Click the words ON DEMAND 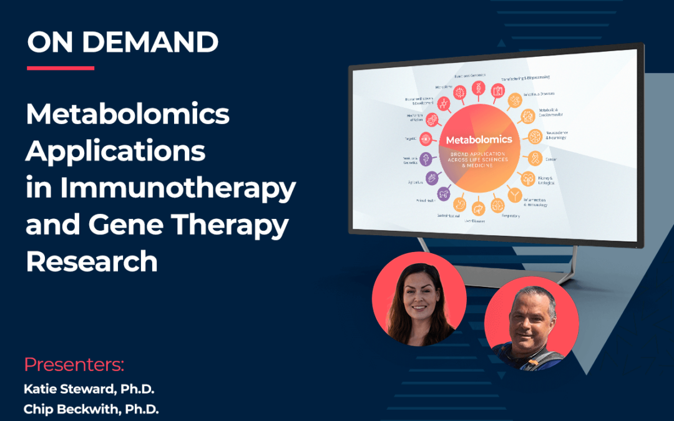122,42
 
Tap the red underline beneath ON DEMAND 61,68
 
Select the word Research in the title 92,261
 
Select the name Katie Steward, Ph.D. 89,389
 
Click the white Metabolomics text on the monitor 478,140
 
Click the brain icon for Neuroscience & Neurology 534,135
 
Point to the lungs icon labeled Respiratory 497,205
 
